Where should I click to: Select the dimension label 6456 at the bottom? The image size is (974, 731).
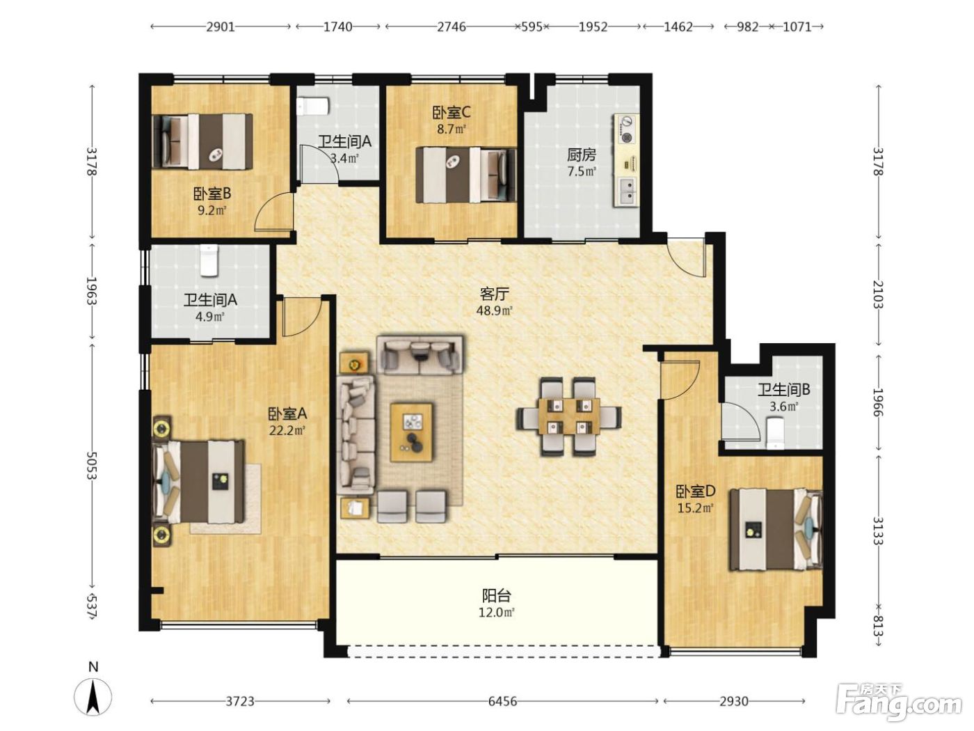502,701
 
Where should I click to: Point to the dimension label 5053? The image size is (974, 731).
92,466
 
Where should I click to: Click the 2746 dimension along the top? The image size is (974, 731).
452,27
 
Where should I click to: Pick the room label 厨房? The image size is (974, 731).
582,155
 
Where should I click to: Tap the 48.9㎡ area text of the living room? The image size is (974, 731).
495,311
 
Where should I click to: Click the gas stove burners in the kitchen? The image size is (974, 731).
627,129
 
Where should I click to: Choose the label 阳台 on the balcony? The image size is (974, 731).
497,595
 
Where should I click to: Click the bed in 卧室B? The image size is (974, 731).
202,141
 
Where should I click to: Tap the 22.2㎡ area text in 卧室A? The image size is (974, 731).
287,430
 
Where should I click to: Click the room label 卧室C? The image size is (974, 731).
452,113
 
